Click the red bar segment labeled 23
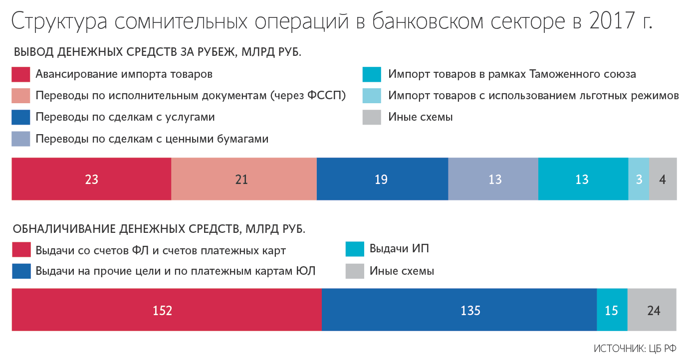coord(91,179)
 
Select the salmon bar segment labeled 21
coord(244,179)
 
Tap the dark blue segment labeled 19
coord(383,179)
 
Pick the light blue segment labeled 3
coord(639,179)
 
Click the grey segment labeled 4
coord(663,179)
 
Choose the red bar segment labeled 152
coord(167,310)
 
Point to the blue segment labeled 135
coord(459,310)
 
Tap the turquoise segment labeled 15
coord(612,310)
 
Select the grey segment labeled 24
coord(652,310)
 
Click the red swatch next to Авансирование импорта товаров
coord(21,74)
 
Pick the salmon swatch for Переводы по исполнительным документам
coord(21,96)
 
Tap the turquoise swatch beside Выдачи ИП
coord(355,249)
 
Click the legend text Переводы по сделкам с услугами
coord(125,117)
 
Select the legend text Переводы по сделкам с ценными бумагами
coord(152,139)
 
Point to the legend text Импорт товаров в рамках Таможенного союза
coord(512,74)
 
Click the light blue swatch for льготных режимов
coord(372,96)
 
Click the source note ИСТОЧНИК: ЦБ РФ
coord(635,349)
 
